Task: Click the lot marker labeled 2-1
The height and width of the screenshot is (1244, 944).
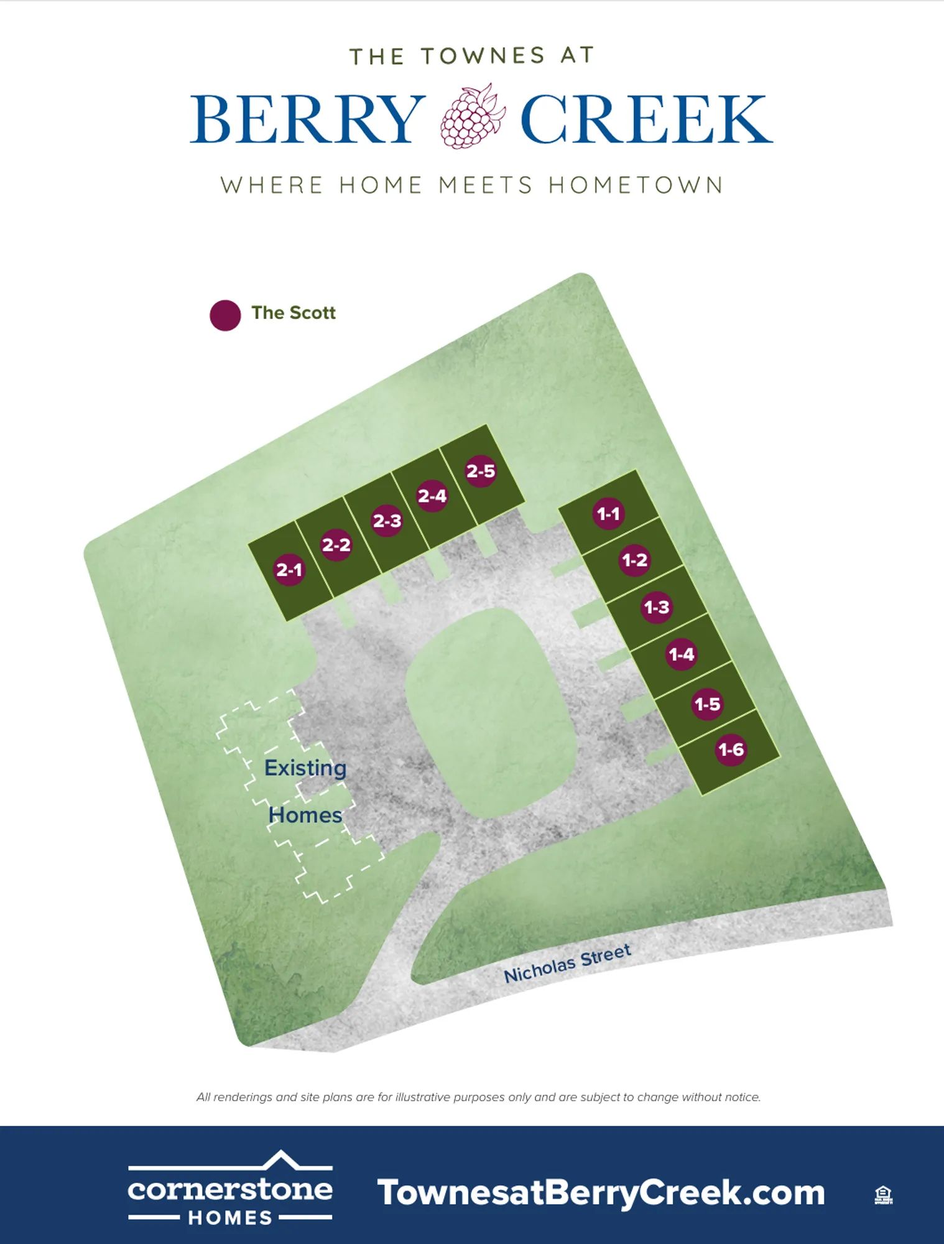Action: click(x=289, y=569)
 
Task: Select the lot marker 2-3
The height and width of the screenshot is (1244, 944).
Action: click(x=387, y=521)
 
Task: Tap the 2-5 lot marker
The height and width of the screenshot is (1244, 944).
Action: click(x=481, y=471)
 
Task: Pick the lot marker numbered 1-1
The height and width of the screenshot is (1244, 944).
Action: click(x=608, y=514)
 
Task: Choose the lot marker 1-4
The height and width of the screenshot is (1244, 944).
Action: click(x=681, y=654)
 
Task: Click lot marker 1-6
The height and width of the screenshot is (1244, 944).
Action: click(x=731, y=750)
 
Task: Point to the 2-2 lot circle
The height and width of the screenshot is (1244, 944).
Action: click(x=336, y=545)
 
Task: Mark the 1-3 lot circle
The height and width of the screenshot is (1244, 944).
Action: click(x=656, y=607)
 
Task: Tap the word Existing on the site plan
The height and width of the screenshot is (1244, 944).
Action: click(x=305, y=768)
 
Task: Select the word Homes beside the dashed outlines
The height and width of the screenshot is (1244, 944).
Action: click(x=305, y=815)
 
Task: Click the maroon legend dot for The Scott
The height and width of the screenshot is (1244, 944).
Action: click(x=225, y=315)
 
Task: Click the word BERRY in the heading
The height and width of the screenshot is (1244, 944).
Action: click(x=307, y=119)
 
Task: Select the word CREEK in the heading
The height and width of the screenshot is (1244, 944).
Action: click(x=646, y=119)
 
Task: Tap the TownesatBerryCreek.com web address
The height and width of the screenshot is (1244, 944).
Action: click(x=601, y=1193)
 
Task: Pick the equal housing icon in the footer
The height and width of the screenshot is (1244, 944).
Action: click(x=883, y=1194)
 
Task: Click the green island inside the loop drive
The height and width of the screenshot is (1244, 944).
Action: click(x=491, y=712)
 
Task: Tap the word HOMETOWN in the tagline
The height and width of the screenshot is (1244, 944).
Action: click(x=636, y=185)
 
